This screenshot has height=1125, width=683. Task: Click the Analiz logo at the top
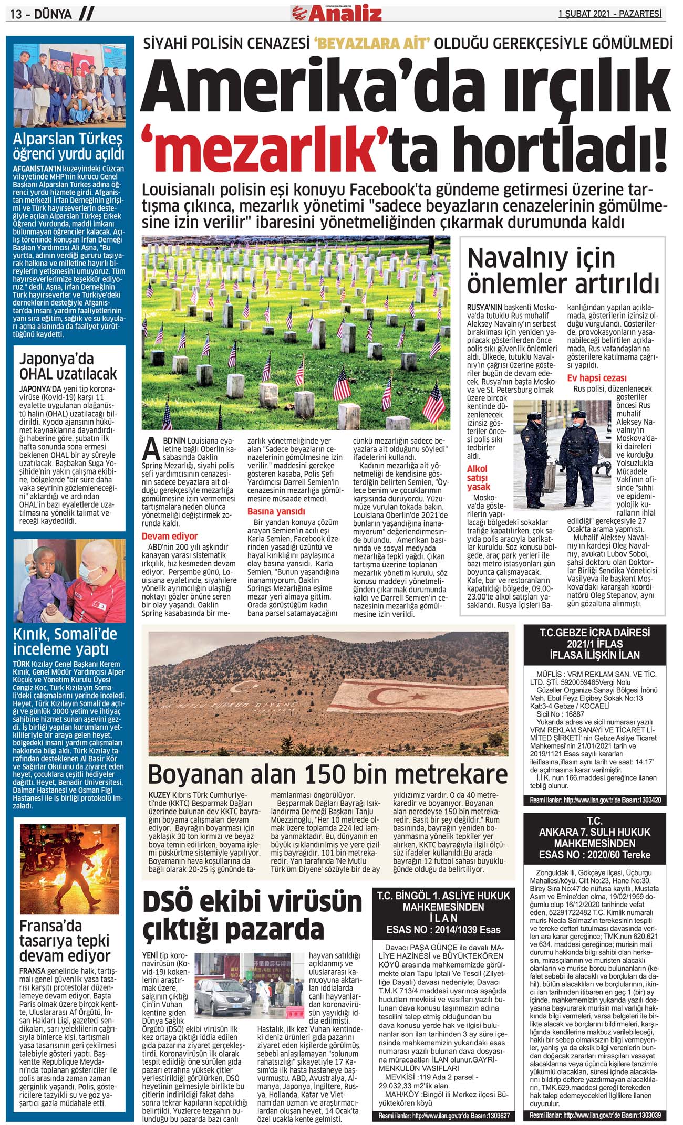tap(337, 13)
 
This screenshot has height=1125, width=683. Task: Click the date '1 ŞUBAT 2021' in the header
tap(583, 14)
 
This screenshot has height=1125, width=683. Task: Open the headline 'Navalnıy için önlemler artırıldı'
tap(562, 270)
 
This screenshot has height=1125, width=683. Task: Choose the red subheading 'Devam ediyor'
tap(170, 536)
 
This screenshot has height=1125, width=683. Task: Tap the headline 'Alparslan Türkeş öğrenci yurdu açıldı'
tap(68, 146)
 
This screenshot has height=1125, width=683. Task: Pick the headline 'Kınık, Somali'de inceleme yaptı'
tap(65, 641)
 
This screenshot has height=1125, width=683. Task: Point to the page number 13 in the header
tap(16, 14)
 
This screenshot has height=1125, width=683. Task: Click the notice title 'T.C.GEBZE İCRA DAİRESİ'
tap(595, 632)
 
